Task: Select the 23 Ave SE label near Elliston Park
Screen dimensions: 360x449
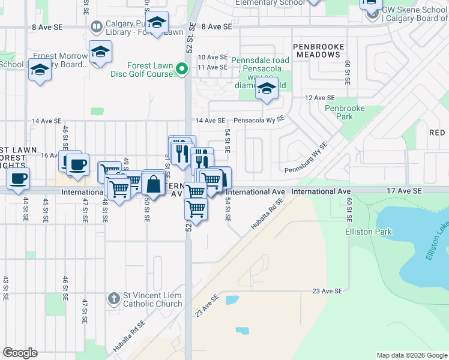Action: point(327,291)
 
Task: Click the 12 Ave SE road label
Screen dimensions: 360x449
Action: point(319,98)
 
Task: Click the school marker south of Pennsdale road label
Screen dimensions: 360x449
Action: point(267,90)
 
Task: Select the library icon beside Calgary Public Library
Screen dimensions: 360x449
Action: point(97,27)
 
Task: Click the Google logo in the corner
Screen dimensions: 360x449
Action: point(20,353)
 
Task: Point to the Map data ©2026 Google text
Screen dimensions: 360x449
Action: point(412,355)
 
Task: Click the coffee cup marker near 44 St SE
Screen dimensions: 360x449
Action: point(18,178)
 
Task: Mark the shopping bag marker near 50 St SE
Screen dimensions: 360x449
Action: point(154,184)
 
